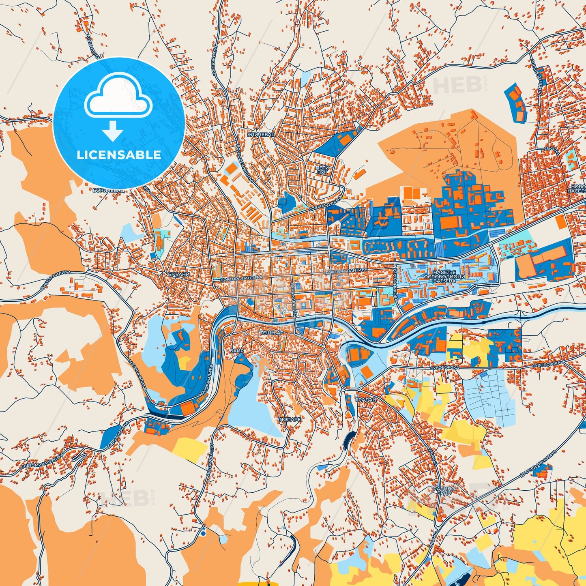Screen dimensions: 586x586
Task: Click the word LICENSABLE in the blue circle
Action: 119,155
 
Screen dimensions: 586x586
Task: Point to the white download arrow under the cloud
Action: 113,131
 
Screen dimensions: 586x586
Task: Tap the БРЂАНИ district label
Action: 179,275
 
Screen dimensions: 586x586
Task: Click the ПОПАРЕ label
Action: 290,419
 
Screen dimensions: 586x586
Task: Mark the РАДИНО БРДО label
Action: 444,491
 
